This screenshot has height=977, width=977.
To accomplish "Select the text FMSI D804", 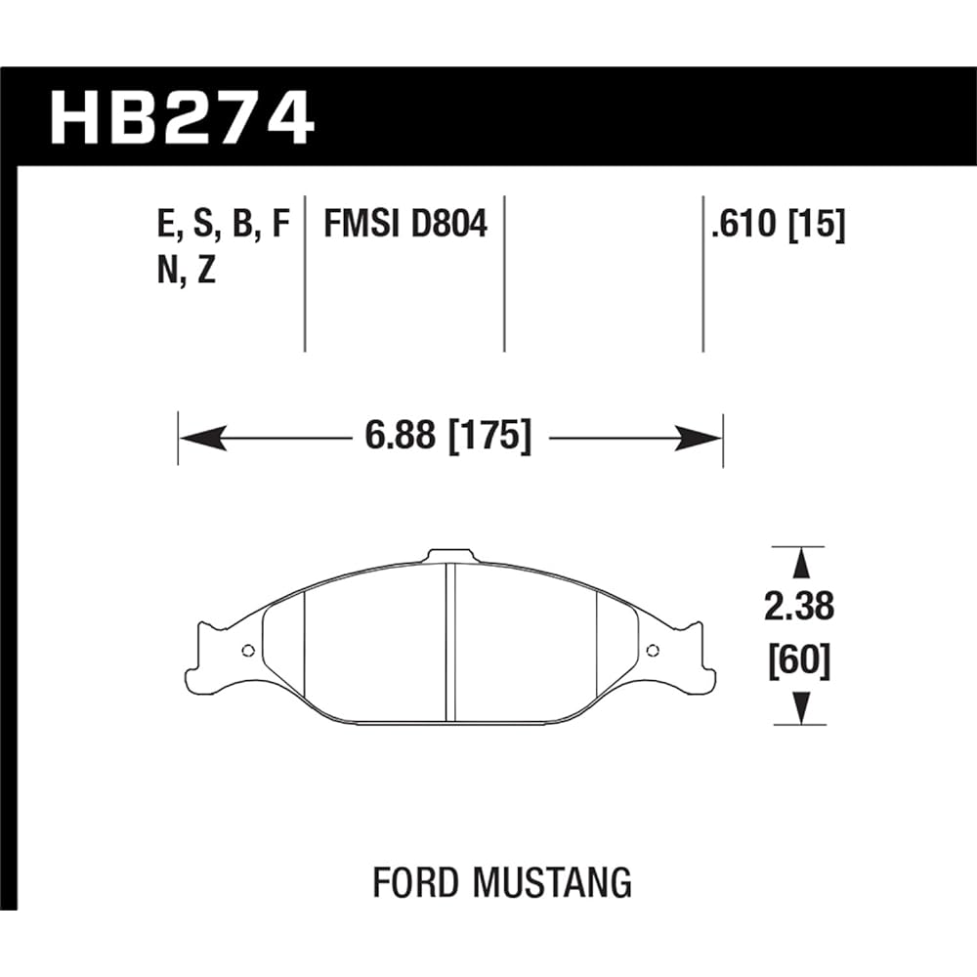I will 404,225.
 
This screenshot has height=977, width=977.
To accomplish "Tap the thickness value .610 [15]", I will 778,225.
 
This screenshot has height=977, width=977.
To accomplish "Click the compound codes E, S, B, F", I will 223,225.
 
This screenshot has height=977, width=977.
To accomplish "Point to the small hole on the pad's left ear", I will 247,651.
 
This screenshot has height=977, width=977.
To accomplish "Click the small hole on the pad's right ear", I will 653,651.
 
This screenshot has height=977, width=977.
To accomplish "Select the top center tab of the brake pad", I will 450,555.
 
